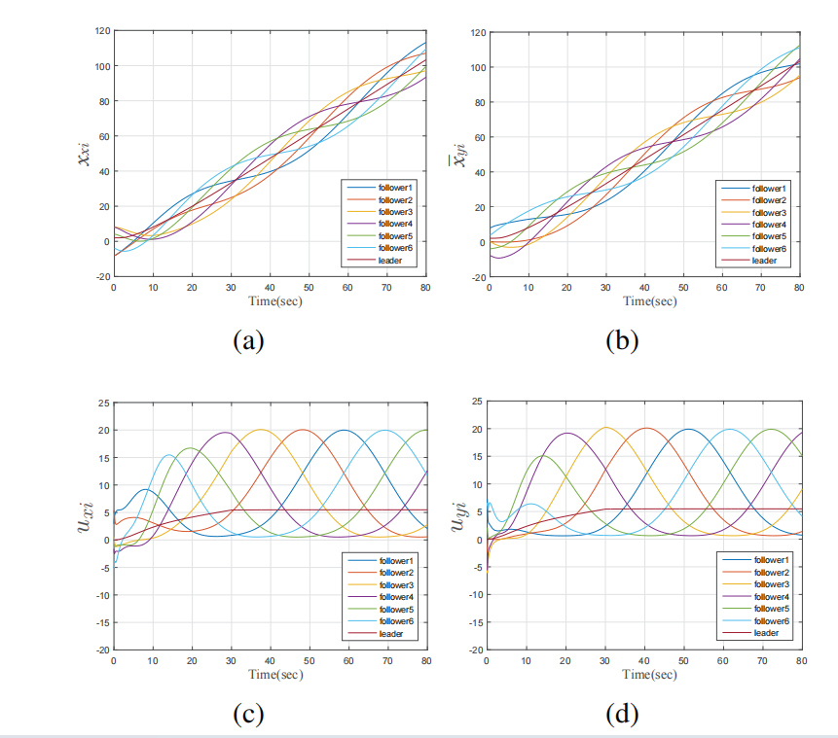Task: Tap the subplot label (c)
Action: tap(248, 714)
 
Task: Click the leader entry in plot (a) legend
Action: tap(391, 261)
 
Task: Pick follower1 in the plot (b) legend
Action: tap(769, 188)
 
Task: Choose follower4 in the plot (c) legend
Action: tap(395, 597)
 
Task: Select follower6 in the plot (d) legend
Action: tap(768, 620)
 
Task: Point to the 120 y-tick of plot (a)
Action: tap(101, 31)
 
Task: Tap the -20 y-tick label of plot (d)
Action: tap(474, 650)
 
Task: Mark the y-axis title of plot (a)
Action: tap(84, 155)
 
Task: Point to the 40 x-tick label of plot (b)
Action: tap(643, 288)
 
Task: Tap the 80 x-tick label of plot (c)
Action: tap(426, 661)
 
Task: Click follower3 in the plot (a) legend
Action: tap(395, 210)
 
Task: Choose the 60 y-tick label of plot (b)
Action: tap(477, 138)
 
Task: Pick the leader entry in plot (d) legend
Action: tap(765, 633)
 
